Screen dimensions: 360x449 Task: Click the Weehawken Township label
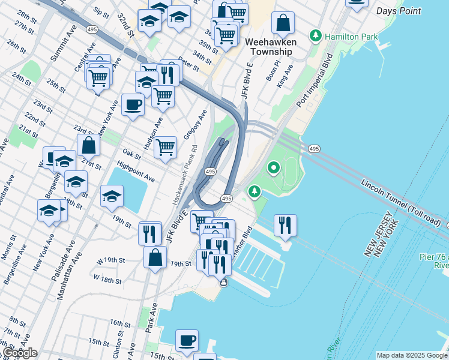[268, 47]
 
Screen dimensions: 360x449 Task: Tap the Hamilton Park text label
[351, 37]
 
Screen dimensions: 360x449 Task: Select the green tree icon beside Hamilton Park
[316, 37]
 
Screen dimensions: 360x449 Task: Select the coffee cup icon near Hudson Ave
[133, 105]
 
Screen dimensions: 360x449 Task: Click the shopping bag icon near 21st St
[88, 145]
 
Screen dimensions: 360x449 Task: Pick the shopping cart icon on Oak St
[165, 147]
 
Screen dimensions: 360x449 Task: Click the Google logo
[20, 353]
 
